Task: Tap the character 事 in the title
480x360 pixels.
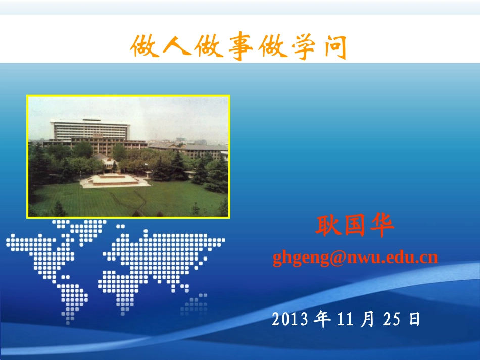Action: (x=238, y=47)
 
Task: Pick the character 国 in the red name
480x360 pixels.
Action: (x=355, y=227)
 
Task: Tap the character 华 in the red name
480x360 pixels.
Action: (x=382, y=227)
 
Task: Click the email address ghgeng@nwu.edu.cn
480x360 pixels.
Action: (x=355, y=258)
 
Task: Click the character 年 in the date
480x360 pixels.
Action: (x=322, y=319)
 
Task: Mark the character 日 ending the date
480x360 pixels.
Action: (x=414, y=319)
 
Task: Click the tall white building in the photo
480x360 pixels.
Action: (x=91, y=130)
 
